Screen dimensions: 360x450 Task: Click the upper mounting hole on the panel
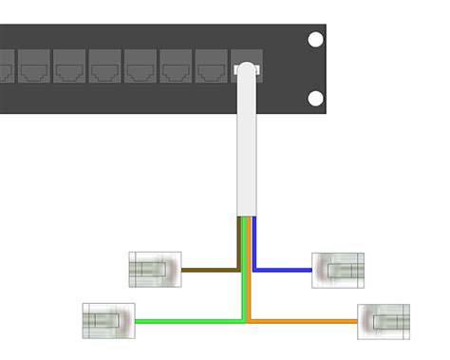point(315,41)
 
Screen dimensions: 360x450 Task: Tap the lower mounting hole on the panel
point(315,99)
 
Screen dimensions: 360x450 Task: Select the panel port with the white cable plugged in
point(245,68)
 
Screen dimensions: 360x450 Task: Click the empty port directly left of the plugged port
point(210,68)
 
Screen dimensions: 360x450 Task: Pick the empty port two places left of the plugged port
point(175,68)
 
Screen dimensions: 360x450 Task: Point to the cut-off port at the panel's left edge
point(5,68)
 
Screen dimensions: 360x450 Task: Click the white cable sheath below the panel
point(247,152)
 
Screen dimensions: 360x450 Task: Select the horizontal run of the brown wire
point(209,270)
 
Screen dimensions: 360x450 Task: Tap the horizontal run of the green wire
point(190,321)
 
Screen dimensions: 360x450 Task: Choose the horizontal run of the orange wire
point(304,321)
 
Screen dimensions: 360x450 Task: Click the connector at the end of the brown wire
point(154,270)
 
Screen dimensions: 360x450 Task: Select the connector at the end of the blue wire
point(339,270)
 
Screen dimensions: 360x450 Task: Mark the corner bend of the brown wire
point(238,270)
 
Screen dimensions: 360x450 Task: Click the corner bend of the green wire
point(244,321)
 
